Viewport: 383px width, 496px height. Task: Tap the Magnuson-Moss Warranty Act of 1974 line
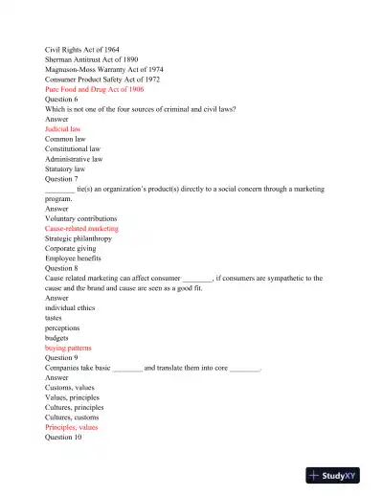104,70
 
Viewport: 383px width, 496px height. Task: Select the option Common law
65,139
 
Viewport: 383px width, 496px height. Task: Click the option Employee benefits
73,259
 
